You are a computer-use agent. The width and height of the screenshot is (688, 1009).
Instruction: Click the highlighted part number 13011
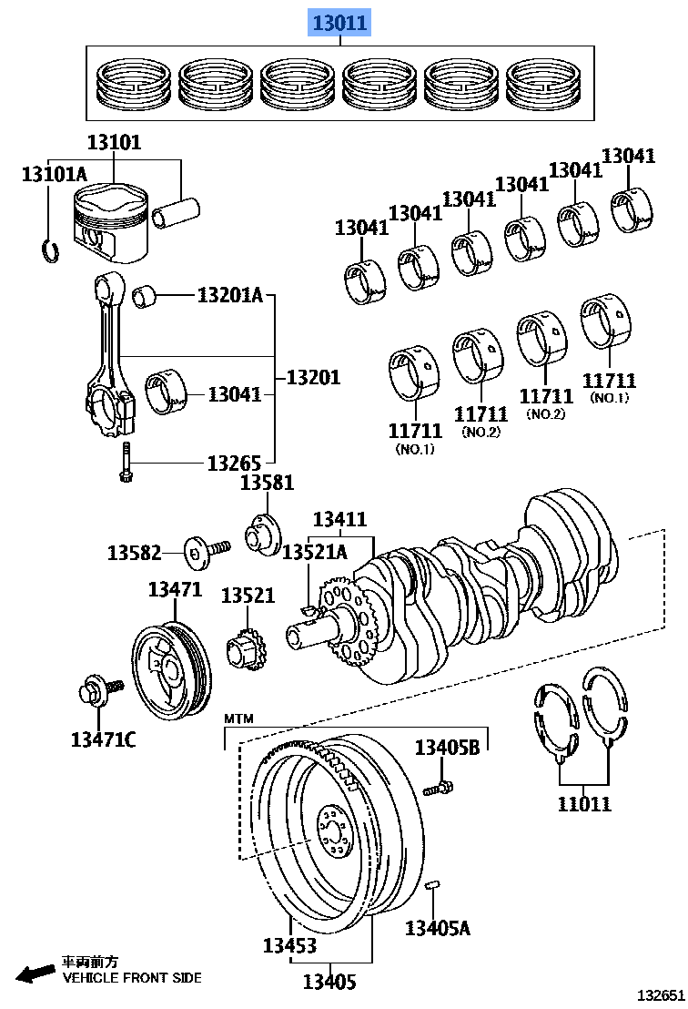click(341, 22)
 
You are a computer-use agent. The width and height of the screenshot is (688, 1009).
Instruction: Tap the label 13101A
click(55, 173)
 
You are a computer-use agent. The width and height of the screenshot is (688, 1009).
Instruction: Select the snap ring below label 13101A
click(51, 249)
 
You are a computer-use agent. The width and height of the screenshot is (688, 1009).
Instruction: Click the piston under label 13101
click(108, 228)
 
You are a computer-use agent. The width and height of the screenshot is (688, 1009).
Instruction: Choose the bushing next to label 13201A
click(147, 296)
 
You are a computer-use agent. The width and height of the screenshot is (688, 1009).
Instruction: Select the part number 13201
click(313, 376)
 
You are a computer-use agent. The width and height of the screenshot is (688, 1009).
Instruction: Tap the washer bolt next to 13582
click(206, 552)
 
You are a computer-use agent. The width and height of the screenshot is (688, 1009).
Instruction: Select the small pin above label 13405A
click(434, 884)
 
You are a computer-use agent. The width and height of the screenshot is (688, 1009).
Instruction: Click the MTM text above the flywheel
click(238, 719)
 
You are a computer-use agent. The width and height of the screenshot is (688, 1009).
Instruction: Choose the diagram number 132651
click(659, 995)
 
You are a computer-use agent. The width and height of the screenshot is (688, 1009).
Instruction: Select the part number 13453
click(291, 945)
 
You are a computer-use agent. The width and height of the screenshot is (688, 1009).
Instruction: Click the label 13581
click(268, 484)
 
